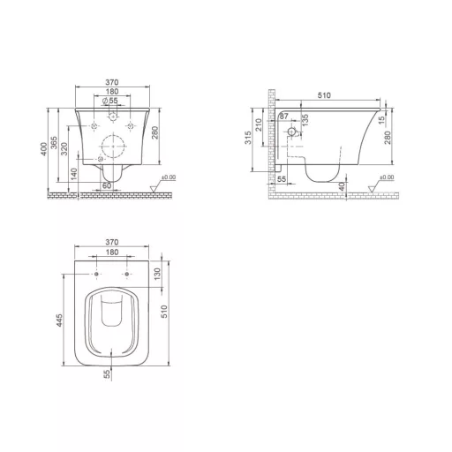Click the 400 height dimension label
click(44, 149)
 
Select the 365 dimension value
click(54, 143)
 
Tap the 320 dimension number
click(64, 149)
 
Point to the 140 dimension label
click(74, 174)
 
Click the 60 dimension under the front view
click(107, 186)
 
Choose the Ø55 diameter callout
click(109, 101)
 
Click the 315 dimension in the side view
click(248, 138)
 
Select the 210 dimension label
click(259, 124)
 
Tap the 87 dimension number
click(284, 117)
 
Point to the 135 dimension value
click(305, 120)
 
